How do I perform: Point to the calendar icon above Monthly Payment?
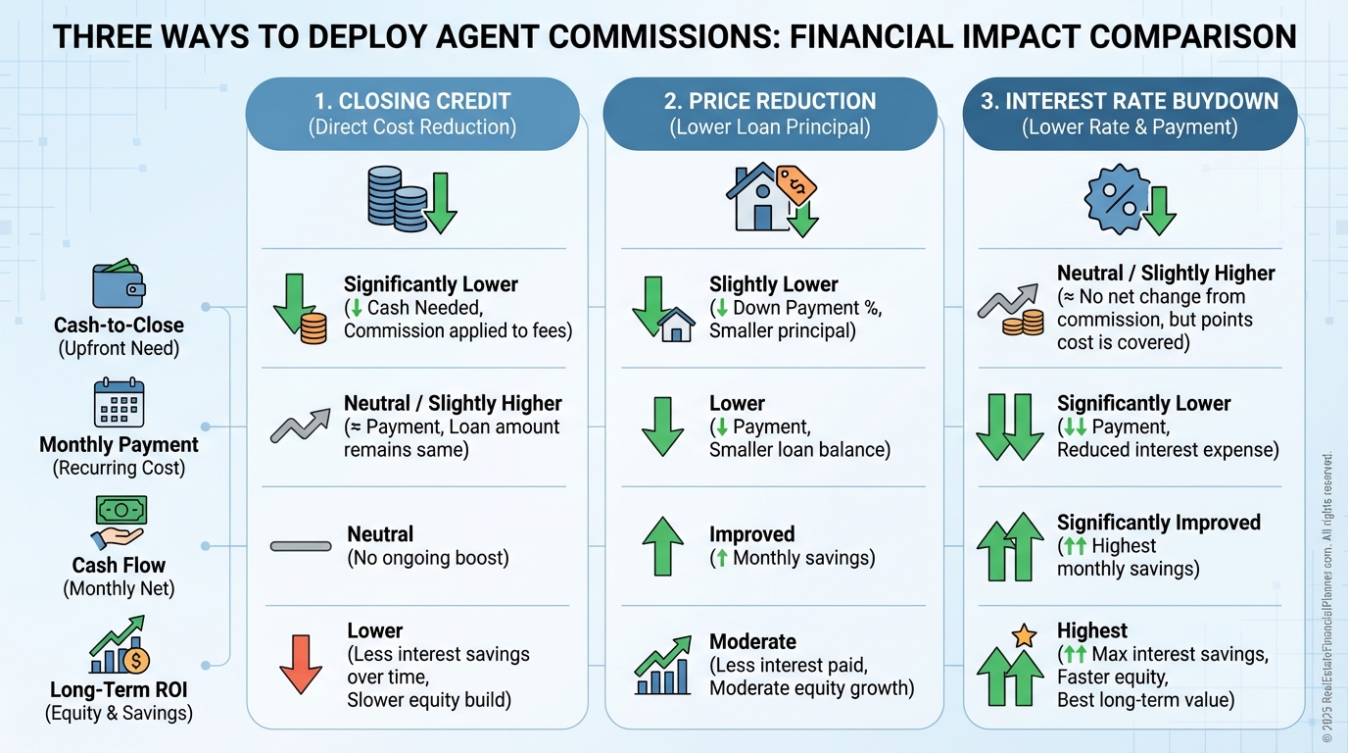119,402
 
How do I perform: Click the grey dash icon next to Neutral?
301,545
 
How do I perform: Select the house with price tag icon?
771,199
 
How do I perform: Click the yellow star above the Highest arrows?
1024,635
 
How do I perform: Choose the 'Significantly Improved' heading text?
1158,523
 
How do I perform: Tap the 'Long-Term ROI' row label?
119,690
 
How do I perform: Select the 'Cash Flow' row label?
119,565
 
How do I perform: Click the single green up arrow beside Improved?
661,546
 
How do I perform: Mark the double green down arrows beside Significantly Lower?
1009,427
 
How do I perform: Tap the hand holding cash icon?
119,521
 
